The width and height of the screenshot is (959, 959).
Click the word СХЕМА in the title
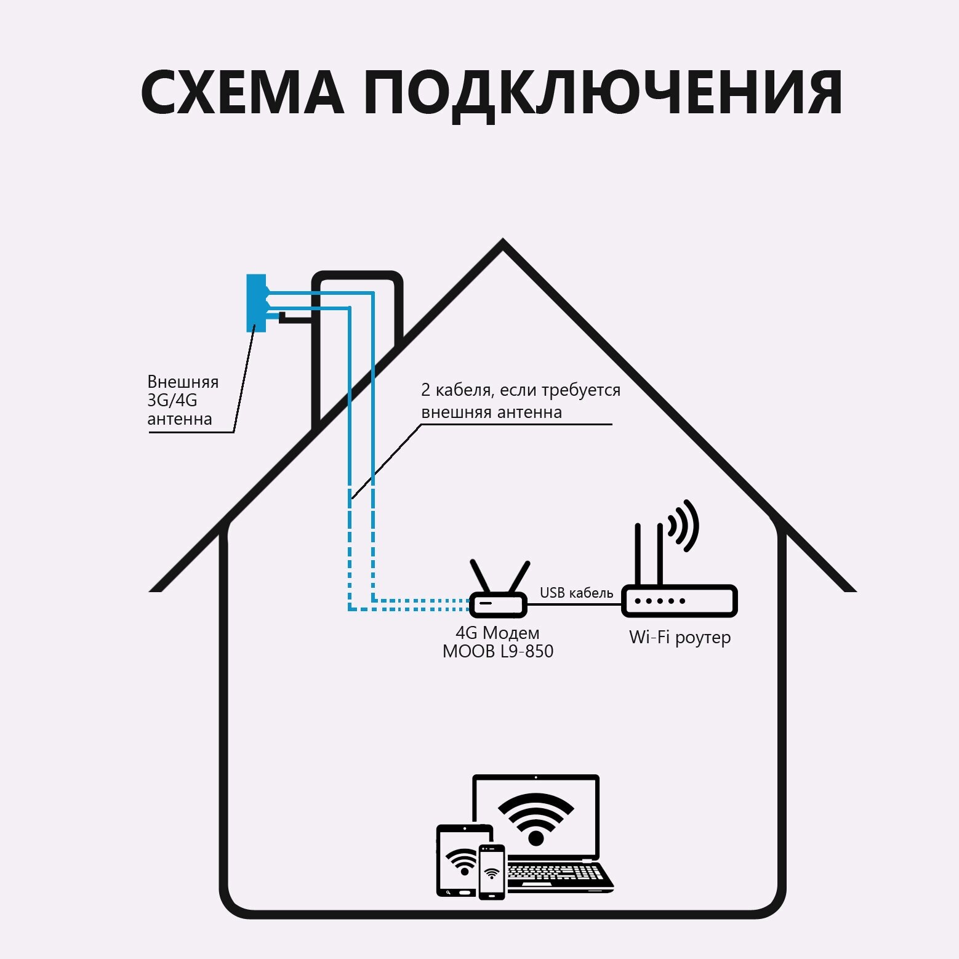242,94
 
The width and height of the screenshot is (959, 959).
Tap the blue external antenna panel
256,303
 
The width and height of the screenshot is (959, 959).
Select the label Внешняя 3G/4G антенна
182,400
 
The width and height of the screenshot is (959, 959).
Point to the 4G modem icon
498,604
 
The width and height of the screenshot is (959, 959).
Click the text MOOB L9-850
497,651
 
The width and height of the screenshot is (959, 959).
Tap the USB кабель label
576,593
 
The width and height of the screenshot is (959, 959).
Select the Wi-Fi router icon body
680,601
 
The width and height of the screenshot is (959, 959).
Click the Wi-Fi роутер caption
680,637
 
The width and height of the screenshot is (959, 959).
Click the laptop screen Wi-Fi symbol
536,819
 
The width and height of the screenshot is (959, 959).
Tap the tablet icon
456,862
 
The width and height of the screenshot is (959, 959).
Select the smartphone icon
492,872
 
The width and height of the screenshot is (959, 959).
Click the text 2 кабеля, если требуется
520,390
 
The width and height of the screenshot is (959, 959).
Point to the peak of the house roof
503,244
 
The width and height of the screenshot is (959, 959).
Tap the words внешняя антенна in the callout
491,412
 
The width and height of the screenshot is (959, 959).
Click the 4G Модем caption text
497,633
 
